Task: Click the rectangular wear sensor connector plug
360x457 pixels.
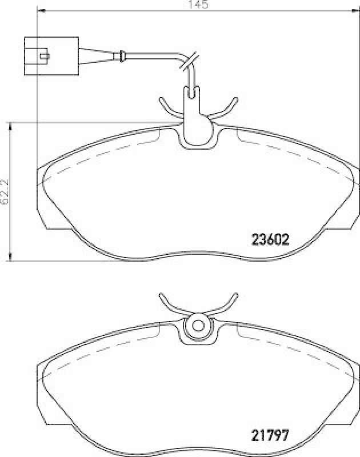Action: pyautogui.click(x=50, y=55)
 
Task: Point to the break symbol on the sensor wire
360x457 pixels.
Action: pyautogui.click(x=191, y=61)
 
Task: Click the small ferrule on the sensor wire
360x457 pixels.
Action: pyautogui.click(x=121, y=56)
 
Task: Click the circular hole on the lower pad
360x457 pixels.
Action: pyautogui.click(x=198, y=326)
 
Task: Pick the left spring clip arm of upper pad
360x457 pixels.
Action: pyautogui.click(x=168, y=108)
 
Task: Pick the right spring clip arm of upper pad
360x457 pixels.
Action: pyautogui.click(x=226, y=108)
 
